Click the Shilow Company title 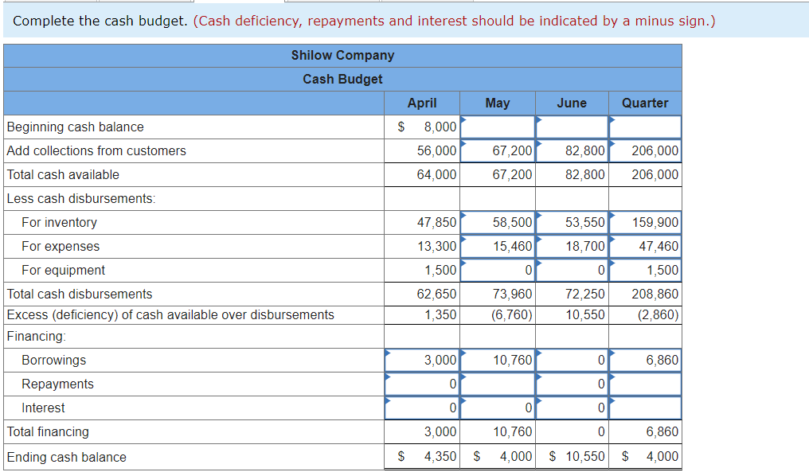(342, 56)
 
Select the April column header (421, 103)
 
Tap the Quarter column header (645, 103)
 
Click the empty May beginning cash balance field (498, 127)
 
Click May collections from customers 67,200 (512, 151)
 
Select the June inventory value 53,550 (585, 223)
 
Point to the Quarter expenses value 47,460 (659, 247)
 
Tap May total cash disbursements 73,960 (512, 295)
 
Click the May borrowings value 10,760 (512, 361)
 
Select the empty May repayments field (498, 384)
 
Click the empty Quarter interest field (645, 408)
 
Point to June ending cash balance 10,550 (585, 457)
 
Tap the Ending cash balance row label (67, 457)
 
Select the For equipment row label (63, 271)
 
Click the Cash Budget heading (342, 80)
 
